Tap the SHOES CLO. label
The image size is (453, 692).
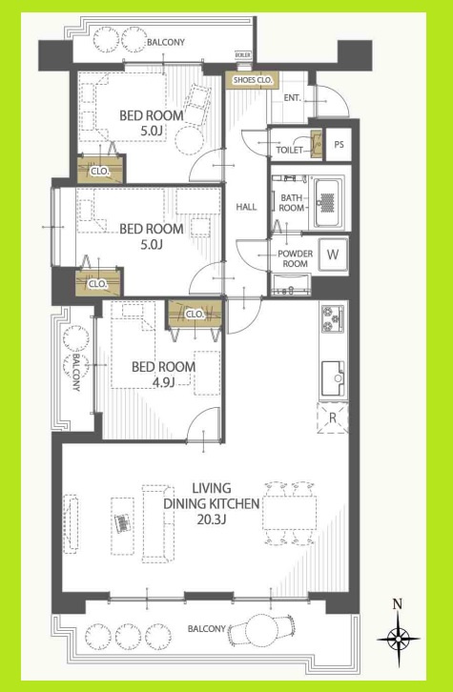252,79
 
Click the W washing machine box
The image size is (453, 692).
332,254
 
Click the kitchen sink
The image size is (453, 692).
334,373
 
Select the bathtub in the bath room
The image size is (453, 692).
327,200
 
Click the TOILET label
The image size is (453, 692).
289,150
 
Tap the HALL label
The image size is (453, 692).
246,207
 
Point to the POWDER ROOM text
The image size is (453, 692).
293,258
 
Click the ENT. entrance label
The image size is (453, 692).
293,98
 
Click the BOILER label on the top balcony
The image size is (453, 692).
242,56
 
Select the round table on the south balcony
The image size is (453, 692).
260,630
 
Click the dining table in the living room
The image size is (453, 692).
289,515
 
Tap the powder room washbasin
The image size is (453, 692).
291,283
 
